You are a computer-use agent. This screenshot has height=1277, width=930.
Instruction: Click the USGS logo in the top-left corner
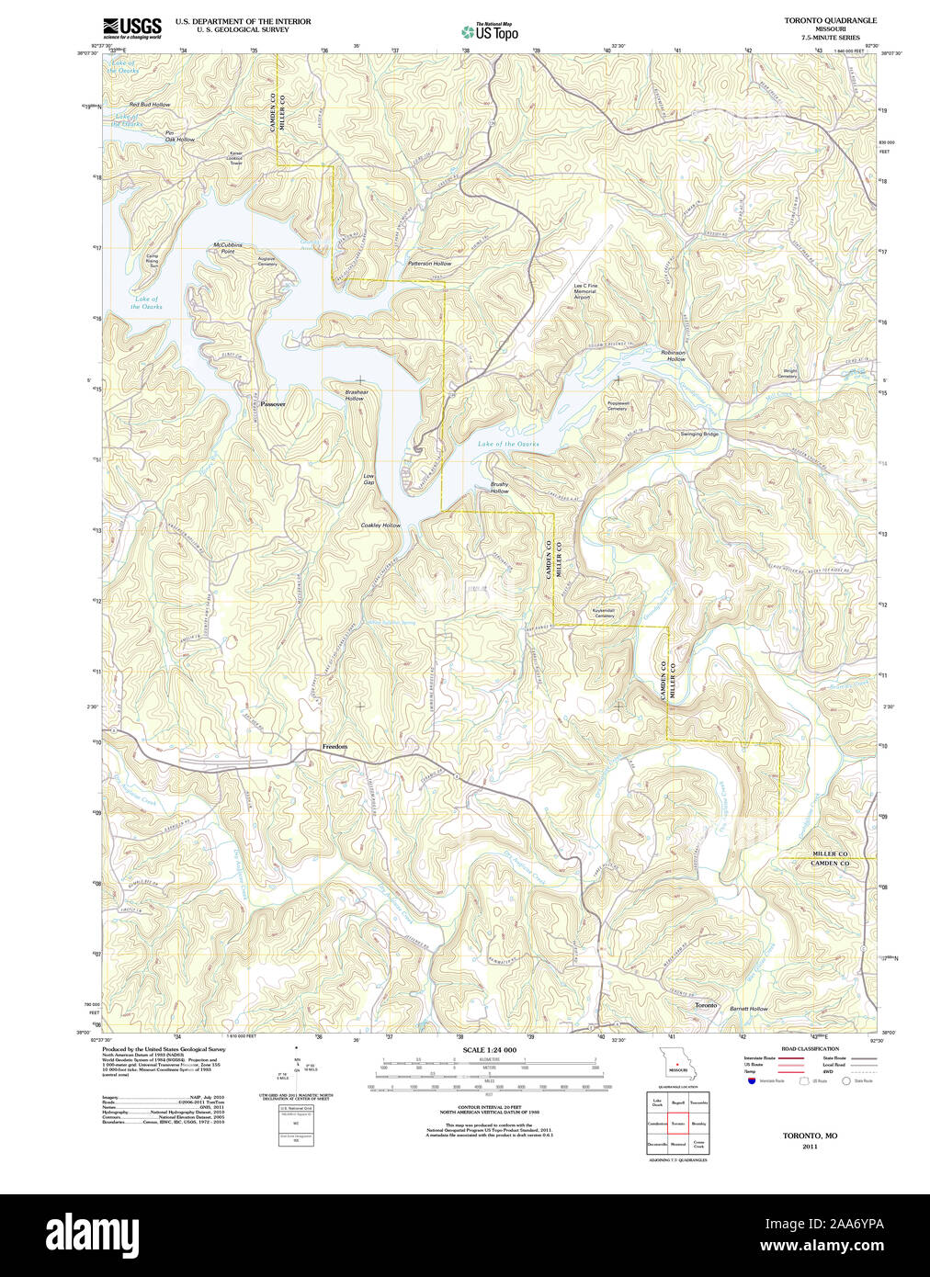point(132,28)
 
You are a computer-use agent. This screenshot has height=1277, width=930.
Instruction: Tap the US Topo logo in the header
point(489,31)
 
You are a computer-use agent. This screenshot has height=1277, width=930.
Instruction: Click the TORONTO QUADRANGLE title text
point(830,20)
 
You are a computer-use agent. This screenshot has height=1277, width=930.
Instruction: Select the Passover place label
point(273,403)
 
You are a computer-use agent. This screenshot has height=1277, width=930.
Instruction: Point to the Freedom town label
point(335,747)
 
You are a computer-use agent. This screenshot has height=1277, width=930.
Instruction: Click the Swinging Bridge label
point(698,434)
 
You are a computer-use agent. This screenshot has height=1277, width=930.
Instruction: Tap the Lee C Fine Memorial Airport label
point(585,291)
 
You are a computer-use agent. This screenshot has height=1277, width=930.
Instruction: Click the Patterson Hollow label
point(429,264)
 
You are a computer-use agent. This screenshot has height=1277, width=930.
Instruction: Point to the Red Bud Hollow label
point(149,105)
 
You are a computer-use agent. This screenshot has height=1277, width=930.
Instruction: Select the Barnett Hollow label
point(748,1009)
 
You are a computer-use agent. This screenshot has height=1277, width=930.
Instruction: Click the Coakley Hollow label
point(380,525)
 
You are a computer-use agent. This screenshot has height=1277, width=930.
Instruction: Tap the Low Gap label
point(369,479)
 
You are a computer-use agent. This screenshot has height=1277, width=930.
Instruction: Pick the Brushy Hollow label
point(499,488)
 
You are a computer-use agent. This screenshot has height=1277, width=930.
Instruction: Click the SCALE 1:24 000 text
point(489,1050)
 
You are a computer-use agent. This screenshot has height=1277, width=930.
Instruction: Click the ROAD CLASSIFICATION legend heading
point(809,1048)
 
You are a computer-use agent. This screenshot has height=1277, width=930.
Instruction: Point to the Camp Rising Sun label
point(152,261)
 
